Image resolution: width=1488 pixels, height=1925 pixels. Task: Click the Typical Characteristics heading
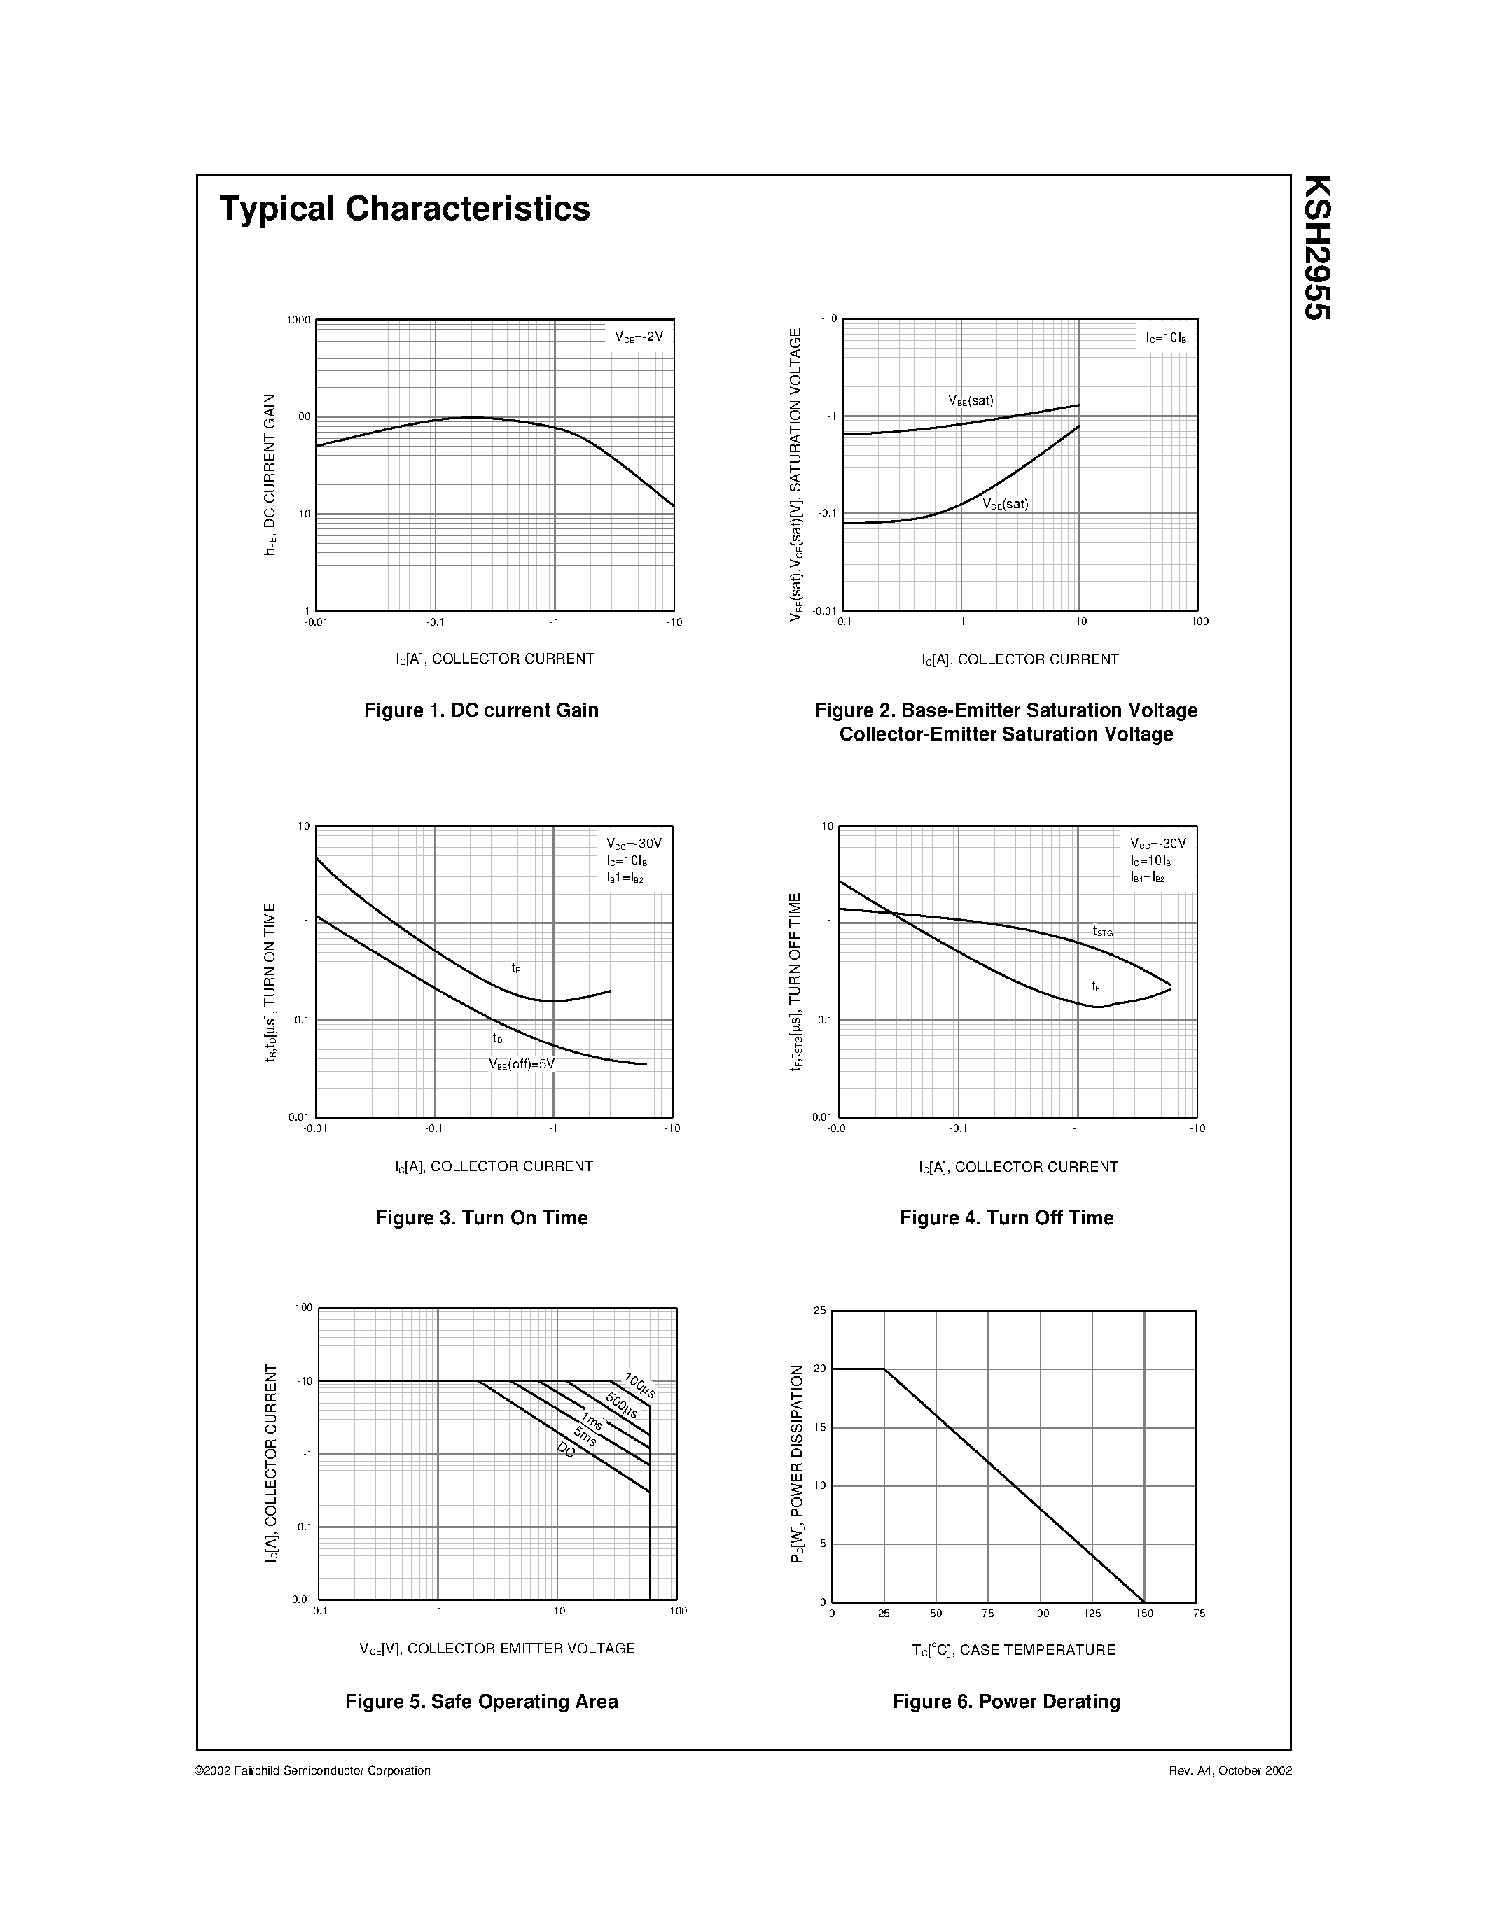(x=405, y=209)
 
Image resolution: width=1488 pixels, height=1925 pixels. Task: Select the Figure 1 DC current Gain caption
(x=481, y=710)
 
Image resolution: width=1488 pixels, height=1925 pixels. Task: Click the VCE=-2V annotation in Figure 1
(x=639, y=337)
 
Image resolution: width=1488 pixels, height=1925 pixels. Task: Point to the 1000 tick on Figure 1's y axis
(x=299, y=320)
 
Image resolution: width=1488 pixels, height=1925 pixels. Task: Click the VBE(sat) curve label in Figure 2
(x=971, y=400)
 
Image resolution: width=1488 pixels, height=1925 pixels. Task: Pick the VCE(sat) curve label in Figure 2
(x=1006, y=504)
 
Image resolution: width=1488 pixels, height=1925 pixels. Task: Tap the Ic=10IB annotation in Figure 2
(x=1165, y=337)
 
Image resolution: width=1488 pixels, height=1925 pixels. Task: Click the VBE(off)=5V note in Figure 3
(x=522, y=1064)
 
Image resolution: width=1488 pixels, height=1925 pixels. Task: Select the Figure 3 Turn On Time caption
(x=481, y=1218)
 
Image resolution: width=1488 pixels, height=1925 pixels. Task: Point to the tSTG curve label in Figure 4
(x=1103, y=931)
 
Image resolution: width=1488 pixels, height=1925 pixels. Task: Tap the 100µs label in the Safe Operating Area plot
(x=640, y=1385)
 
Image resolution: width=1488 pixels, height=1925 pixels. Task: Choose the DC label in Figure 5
(x=566, y=1450)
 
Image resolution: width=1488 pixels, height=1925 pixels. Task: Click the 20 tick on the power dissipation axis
(x=821, y=1368)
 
